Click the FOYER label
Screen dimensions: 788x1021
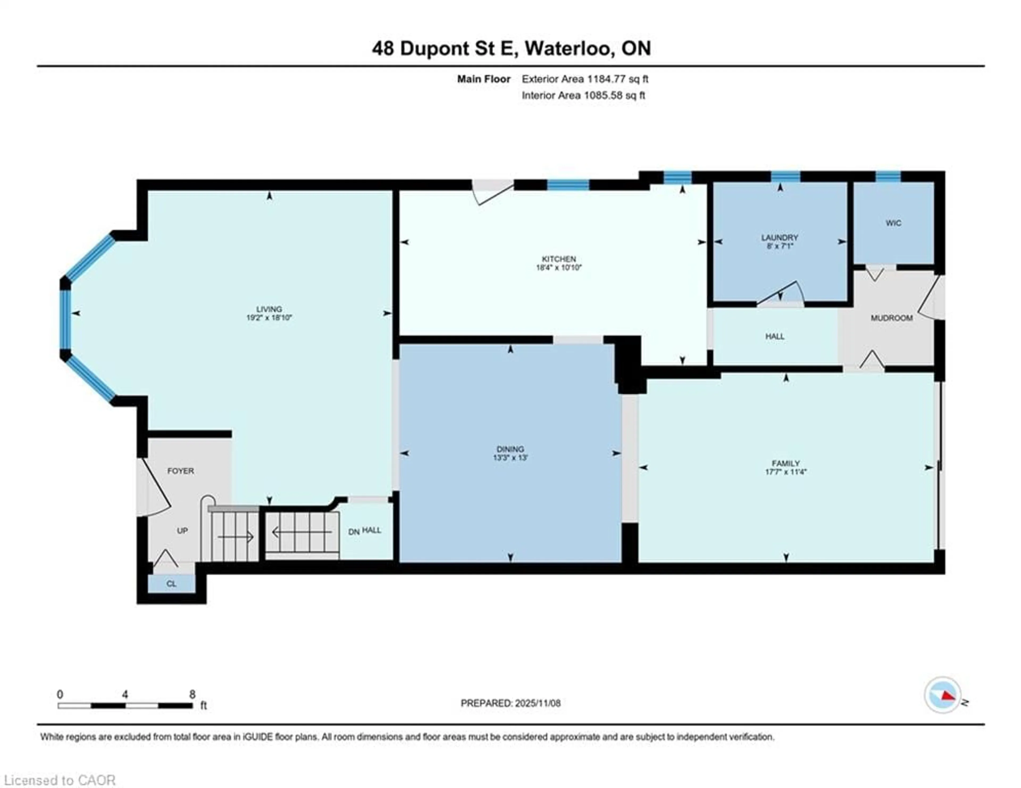(x=181, y=471)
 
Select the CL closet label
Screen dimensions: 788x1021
(x=171, y=584)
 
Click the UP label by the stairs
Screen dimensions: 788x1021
(x=182, y=530)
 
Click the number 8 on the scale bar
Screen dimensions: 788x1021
(x=192, y=694)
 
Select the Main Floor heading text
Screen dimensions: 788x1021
(x=483, y=79)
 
